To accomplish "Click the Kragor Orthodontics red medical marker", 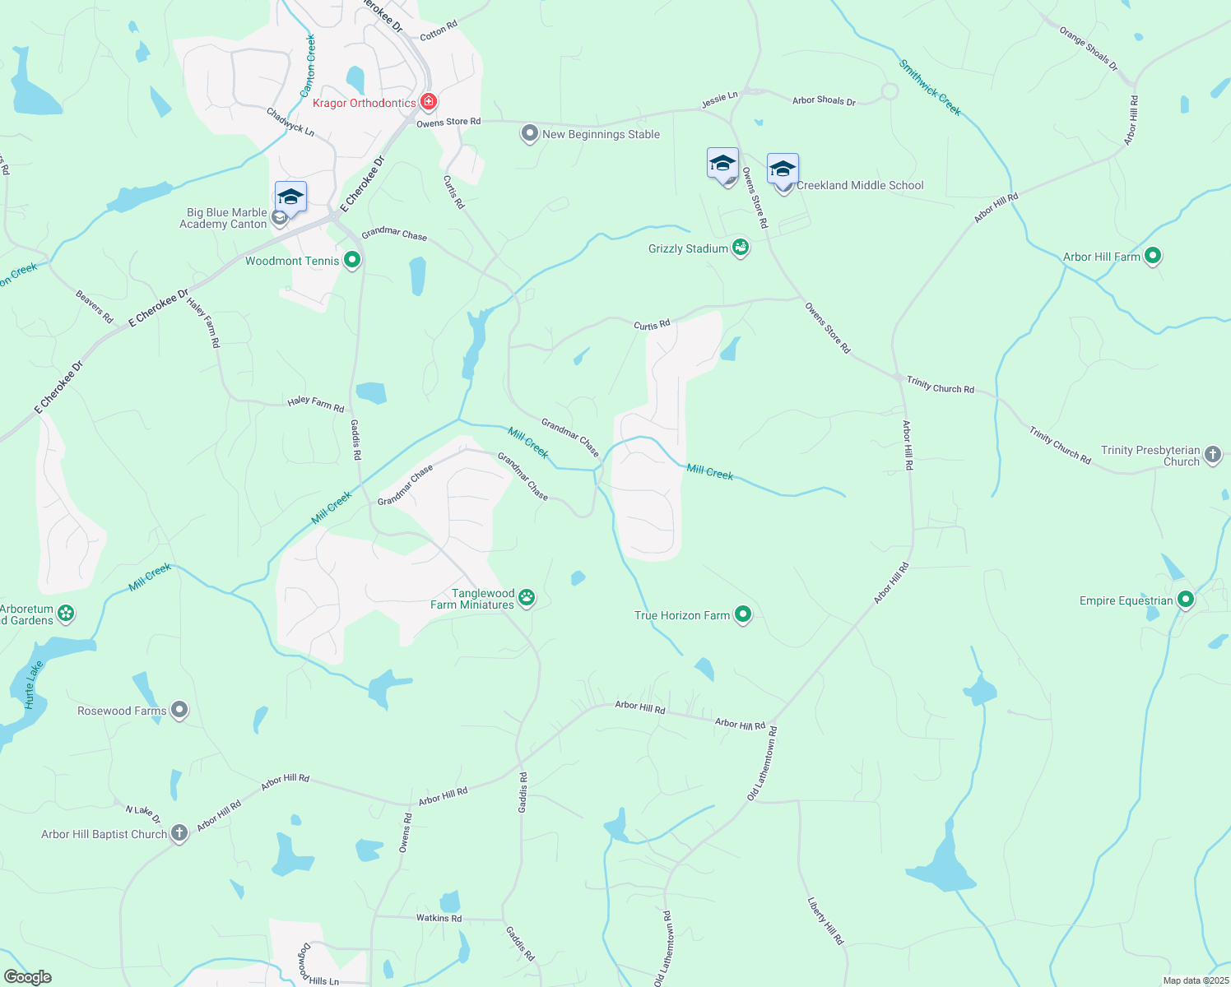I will coord(428,103).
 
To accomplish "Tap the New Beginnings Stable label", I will coord(601,134).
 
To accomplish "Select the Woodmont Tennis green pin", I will coord(352,261).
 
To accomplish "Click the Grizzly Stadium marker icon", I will coord(741,248).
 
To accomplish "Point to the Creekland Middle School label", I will coord(860,185).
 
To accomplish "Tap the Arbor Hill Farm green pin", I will coord(1153,256).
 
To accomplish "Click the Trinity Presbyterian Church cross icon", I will coord(1212,454).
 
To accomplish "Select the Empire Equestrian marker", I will coord(1185,600).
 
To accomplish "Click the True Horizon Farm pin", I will coord(742,614).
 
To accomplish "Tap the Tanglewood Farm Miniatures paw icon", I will coord(527,598).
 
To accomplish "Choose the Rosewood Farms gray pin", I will coord(179,710).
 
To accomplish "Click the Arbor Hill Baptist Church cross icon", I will coord(179,833).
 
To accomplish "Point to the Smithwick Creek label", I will coord(930,87).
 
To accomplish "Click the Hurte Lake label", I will coord(33,684).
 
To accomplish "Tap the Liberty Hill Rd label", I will coord(825,920).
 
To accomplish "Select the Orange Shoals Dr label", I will coord(1088,49).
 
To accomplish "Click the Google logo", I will coord(28,976).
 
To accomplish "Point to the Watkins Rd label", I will coord(439,918).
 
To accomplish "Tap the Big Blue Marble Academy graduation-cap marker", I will coord(290,197).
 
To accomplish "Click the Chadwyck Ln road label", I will coord(290,121).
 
